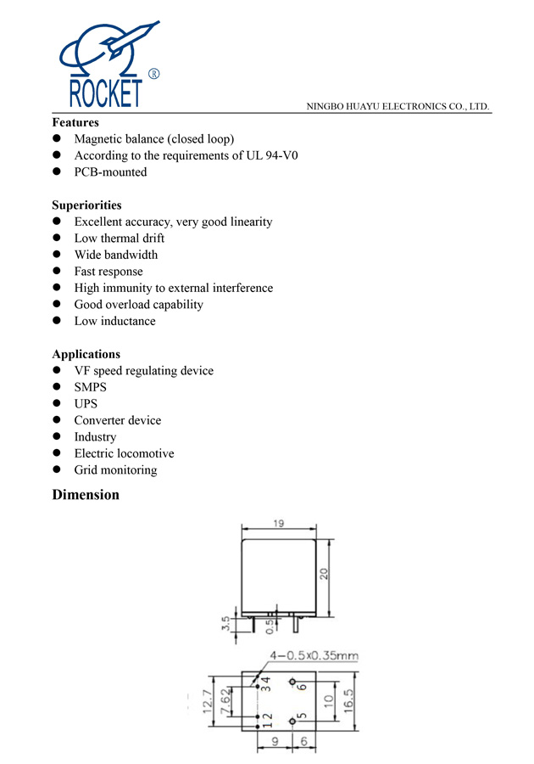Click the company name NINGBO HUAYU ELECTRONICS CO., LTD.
click(399, 107)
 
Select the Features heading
click(75, 122)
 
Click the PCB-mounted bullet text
click(110, 172)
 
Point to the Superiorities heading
click(86, 205)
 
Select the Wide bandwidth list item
click(115, 255)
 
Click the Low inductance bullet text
click(114, 321)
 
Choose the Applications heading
click(86, 354)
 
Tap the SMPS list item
click(91, 387)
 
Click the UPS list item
click(86, 404)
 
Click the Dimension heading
click(86, 495)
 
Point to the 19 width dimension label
click(278, 524)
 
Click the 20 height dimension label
click(324, 575)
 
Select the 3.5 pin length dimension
click(225, 624)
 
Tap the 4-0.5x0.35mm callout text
click(314, 655)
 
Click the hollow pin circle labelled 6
click(292, 683)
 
